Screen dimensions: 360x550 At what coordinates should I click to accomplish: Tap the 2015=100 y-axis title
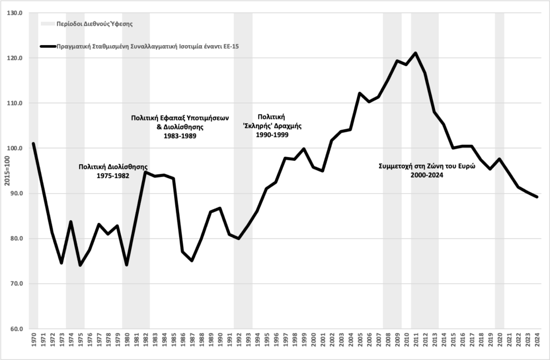pyautogui.click(x=6, y=171)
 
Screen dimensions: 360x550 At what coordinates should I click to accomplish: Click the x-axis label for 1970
pyautogui.click(x=33, y=342)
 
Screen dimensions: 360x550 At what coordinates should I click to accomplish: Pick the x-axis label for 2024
pyautogui.click(x=537, y=342)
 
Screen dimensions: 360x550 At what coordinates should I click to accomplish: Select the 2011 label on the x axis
pyautogui.click(x=416, y=342)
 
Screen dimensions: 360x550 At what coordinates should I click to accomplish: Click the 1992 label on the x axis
pyautogui.click(x=238, y=342)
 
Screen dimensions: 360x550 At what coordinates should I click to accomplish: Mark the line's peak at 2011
pyautogui.click(x=416, y=53)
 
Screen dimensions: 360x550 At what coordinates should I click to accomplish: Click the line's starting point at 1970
pyautogui.click(x=33, y=144)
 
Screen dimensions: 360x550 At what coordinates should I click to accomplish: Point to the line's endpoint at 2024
pyautogui.click(x=537, y=197)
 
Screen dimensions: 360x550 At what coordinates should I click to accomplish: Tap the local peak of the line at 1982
pyautogui.click(x=145, y=172)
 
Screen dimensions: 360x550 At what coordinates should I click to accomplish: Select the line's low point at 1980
pyautogui.click(x=126, y=265)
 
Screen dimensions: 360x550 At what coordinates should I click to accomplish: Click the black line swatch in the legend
pyautogui.click(x=47, y=46)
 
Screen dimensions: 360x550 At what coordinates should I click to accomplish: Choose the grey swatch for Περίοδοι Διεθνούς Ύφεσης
pyautogui.click(x=47, y=24)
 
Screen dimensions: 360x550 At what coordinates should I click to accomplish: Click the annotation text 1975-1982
pyautogui.click(x=113, y=176)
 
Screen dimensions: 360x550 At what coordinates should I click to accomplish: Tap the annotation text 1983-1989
pyautogui.click(x=180, y=136)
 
